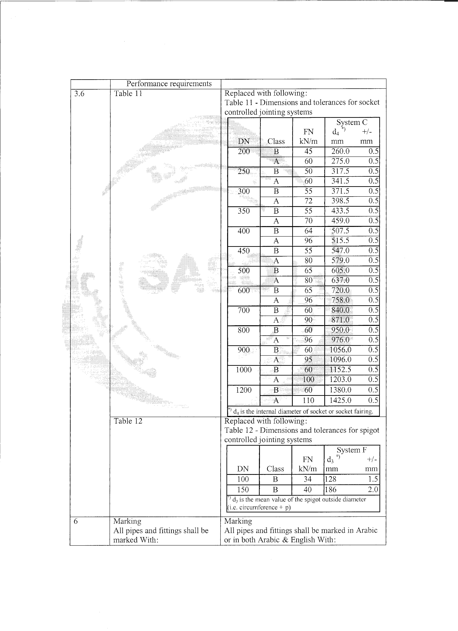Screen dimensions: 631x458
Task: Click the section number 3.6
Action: tap(79, 94)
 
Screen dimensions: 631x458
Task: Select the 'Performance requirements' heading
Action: tap(169, 84)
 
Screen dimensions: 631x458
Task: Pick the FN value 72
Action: tap(308, 201)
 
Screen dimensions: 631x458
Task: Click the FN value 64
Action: tap(308, 231)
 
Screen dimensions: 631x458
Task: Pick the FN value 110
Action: tap(308, 400)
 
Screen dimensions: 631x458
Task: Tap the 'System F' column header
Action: tap(352, 450)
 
